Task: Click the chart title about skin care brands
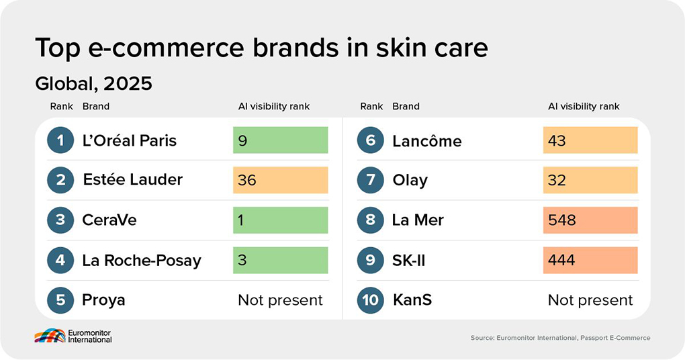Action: point(261,48)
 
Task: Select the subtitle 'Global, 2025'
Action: point(93,84)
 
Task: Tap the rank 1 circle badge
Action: point(60,140)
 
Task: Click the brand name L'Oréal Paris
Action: point(130,140)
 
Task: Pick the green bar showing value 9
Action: point(280,140)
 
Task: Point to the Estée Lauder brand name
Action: point(132,180)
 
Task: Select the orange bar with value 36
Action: point(280,180)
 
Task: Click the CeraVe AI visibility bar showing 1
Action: point(280,220)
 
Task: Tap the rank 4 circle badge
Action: point(60,260)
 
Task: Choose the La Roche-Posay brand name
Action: point(142,261)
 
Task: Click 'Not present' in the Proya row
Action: point(280,300)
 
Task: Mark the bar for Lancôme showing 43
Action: point(590,140)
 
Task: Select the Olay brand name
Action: point(410,180)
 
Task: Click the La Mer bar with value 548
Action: point(590,220)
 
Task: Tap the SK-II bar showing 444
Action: point(590,260)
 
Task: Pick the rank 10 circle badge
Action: point(371,300)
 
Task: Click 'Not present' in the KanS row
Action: point(590,300)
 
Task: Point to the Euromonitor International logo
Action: point(73,336)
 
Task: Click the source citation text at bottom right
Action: point(560,338)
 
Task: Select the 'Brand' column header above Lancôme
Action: point(406,106)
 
